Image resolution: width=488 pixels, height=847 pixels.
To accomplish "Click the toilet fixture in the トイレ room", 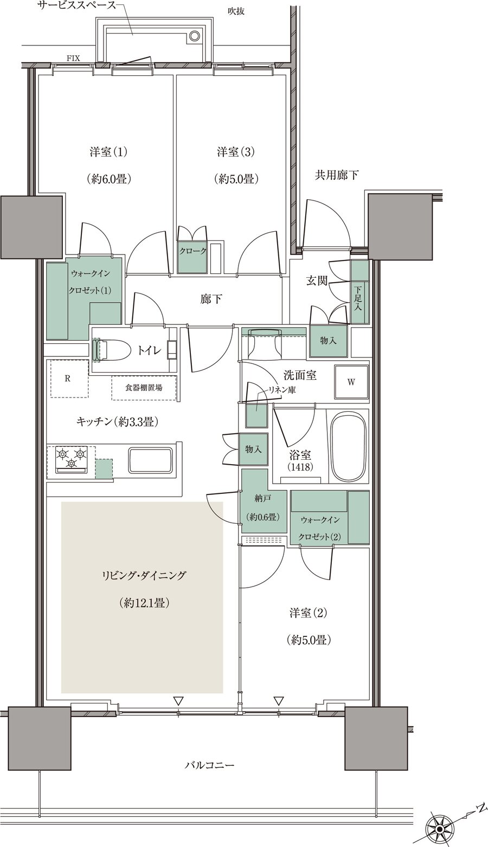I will [111, 349].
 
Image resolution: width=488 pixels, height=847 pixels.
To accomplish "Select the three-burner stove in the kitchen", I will [71, 458].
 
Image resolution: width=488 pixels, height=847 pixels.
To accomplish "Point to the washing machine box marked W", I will [351, 382].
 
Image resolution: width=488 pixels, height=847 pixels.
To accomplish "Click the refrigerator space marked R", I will [68, 379].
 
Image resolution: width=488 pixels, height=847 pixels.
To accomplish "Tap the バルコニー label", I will [209, 765].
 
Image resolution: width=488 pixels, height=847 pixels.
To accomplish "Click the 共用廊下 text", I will [337, 175].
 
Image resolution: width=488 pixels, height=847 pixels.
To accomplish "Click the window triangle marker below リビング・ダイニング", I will [178, 701].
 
